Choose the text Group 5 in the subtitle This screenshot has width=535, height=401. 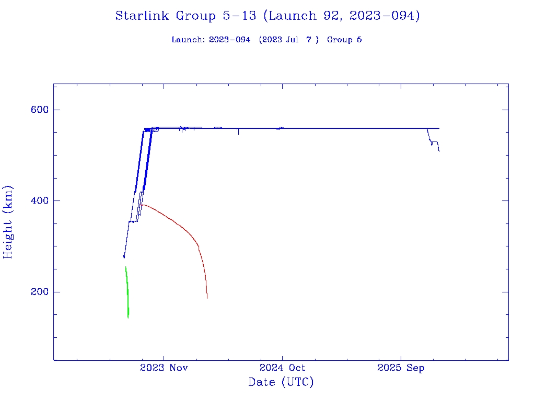[344, 40]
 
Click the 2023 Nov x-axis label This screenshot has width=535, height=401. [164, 368]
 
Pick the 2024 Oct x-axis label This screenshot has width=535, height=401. [282, 368]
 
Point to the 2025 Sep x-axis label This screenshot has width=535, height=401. [401, 368]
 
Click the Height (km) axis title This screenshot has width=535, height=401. [8, 222]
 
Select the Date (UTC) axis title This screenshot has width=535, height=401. [281, 383]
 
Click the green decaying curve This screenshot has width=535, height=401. [127, 292]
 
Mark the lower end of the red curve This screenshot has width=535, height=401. [207, 298]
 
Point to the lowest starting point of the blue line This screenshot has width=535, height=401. [124, 257]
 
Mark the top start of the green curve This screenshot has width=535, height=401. [125, 267]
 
